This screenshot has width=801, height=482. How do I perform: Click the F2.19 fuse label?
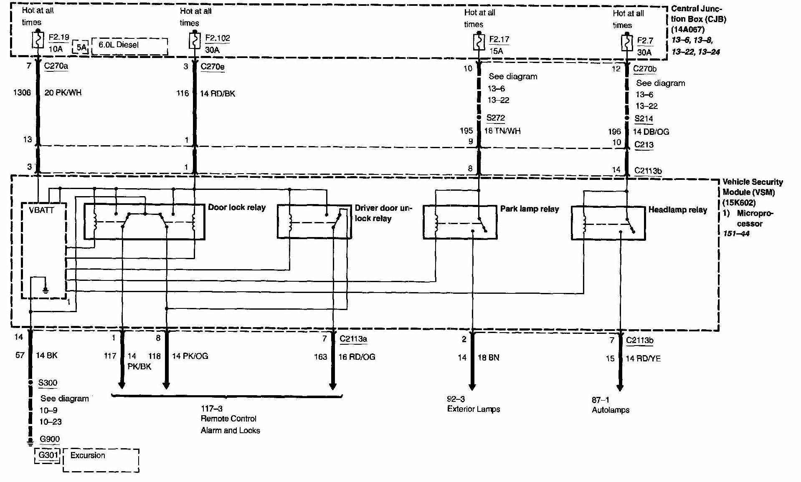tap(58, 38)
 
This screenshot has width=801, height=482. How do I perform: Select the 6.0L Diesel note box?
tap(129, 45)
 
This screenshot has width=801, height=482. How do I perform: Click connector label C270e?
tap(213, 67)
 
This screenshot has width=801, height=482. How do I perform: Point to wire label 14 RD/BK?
tap(217, 94)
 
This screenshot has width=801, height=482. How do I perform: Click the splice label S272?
tap(496, 118)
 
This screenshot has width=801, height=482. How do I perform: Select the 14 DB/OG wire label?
tap(651, 132)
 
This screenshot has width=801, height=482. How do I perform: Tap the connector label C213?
tap(644, 145)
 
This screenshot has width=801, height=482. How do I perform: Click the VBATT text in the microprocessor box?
tap(41, 210)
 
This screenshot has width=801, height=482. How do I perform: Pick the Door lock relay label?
tap(237, 207)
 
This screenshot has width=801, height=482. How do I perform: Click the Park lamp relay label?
tap(530, 209)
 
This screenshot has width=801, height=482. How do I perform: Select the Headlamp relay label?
tap(677, 210)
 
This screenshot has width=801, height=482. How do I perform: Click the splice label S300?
tap(48, 383)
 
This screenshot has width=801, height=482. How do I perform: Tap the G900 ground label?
tap(50, 439)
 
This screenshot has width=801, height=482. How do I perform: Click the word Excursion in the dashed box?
tap(88, 455)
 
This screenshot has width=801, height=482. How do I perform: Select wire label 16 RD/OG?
tap(357, 357)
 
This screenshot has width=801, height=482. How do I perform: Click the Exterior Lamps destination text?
tap(474, 409)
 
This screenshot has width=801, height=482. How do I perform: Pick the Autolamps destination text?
tap(610, 410)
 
